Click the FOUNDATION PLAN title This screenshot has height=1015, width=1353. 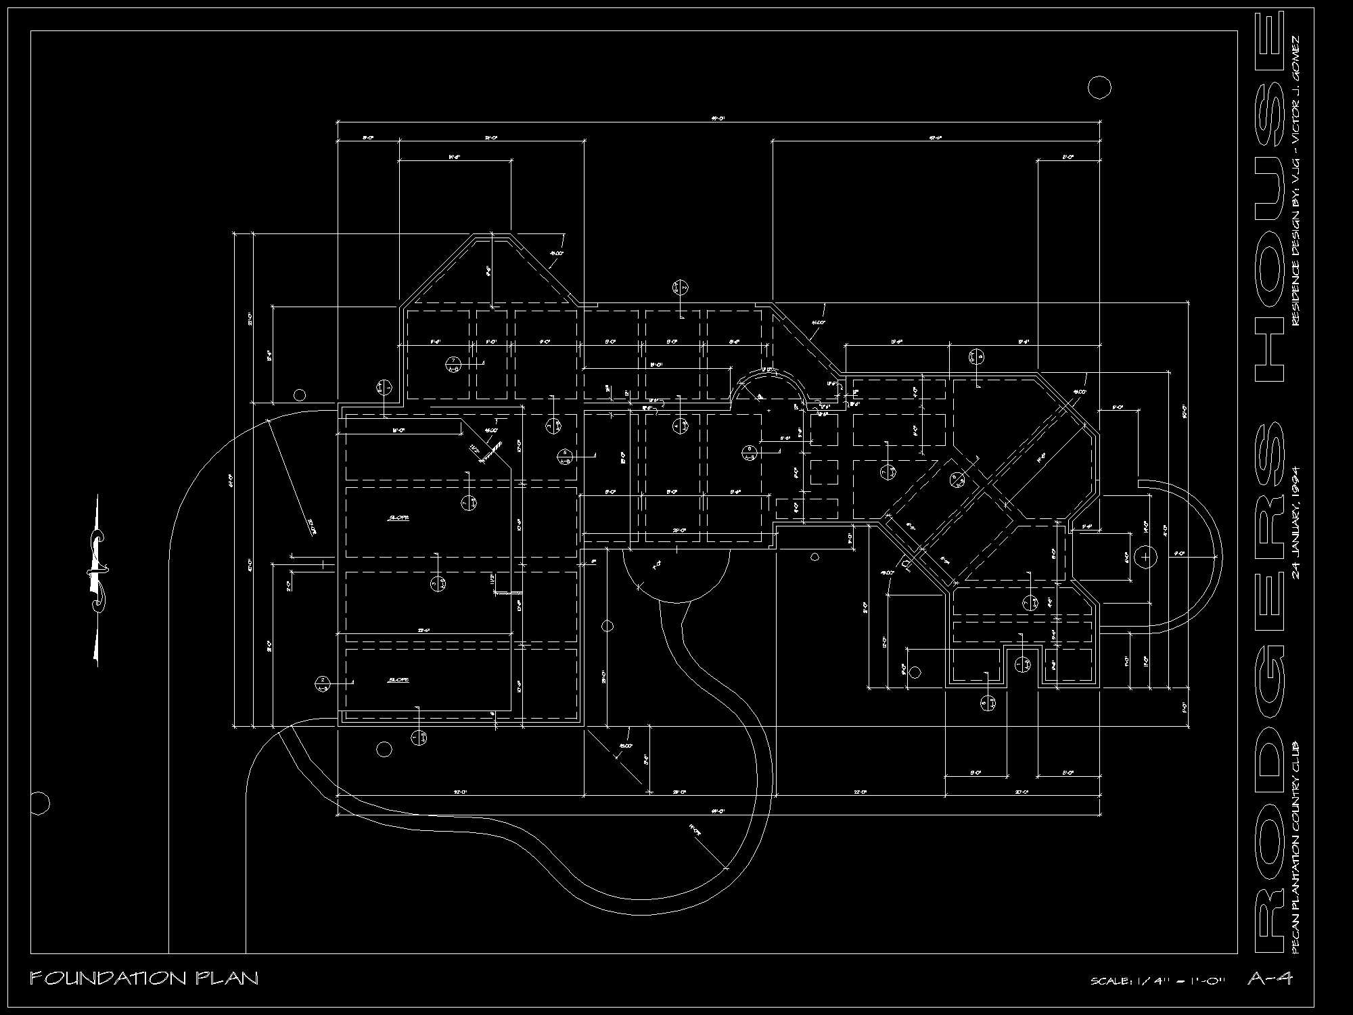coord(144,978)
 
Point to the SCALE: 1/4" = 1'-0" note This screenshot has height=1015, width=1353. coord(1158,980)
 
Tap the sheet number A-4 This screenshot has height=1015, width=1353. coord(1270,978)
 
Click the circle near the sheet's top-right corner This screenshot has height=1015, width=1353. coord(1099,87)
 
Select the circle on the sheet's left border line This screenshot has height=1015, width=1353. coord(40,803)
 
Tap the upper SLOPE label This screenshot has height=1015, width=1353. coord(398,518)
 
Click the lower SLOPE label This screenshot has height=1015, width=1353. coord(398,679)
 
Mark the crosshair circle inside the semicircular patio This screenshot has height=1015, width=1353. coord(1145,557)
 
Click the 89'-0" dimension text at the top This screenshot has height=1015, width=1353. coord(718,118)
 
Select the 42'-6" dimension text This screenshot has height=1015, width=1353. coord(935,137)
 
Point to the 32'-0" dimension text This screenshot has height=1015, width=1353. coord(461,791)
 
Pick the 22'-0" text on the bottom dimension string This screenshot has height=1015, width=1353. coord(860,791)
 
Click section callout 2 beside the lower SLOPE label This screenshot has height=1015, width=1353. coord(323,683)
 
